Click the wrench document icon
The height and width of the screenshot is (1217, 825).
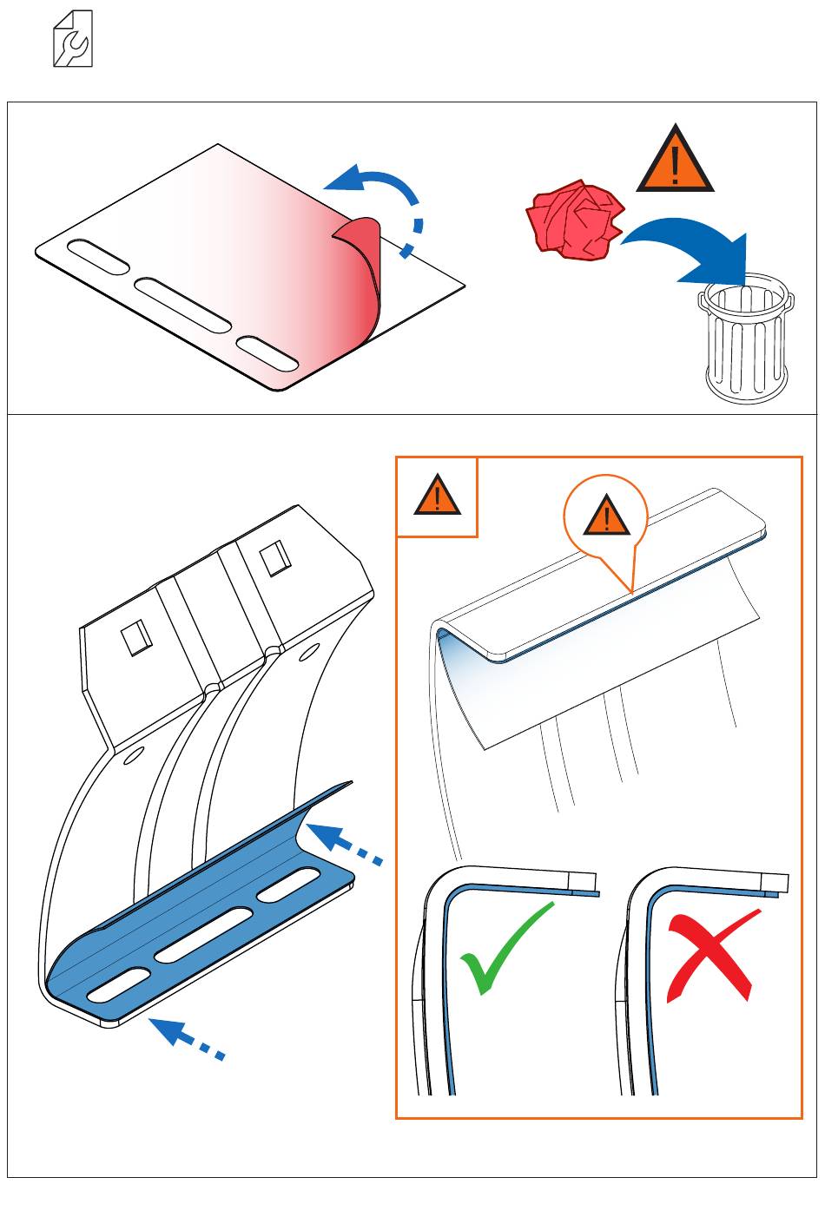pyautogui.click(x=73, y=39)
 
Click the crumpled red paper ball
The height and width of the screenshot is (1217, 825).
pyautogui.click(x=576, y=220)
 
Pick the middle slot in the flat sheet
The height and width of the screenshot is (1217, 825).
pyautogui.click(x=182, y=304)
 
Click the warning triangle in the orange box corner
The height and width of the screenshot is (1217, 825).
pyautogui.click(x=437, y=497)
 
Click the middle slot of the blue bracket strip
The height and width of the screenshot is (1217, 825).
pyautogui.click(x=205, y=937)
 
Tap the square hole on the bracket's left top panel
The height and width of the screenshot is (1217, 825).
pyautogui.click(x=136, y=639)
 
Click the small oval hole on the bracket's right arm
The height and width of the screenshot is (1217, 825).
pyautogui.click(x=307, y=653)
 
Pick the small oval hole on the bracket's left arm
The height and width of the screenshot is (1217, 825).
pyautogui.click(x=133, y=757)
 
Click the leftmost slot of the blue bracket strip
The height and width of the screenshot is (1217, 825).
pyautogui.click(x=117, y=984)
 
